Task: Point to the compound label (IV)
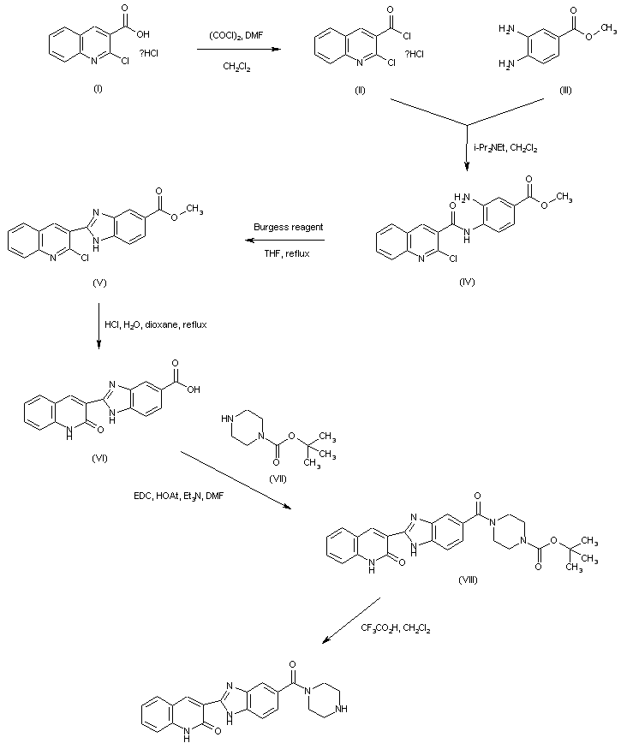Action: tap(466, 280)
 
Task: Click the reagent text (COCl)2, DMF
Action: tap(236, 35)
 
